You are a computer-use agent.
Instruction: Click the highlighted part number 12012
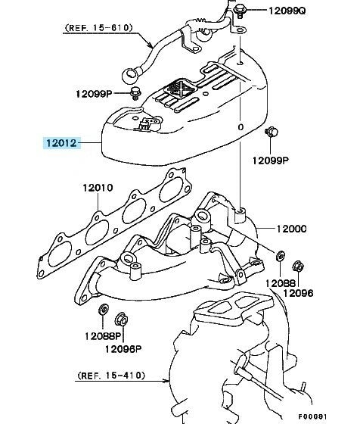click(x=61, y=143)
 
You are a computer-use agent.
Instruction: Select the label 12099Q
click(x=287, y=11)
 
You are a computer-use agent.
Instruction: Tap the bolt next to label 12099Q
click(x=239, y=11)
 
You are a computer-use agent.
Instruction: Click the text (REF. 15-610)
click(x=99, y=28)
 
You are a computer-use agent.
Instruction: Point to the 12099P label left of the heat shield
click(x=94, y=94)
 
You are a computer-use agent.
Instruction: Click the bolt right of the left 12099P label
click(x=135, y=93)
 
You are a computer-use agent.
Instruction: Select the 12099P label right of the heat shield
click(x=271, y=161)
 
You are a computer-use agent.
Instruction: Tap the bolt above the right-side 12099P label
click(x=272, y=132)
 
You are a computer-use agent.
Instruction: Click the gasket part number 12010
click(x=98, y=188)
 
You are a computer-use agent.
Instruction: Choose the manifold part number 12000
click(x=292, y=229)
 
